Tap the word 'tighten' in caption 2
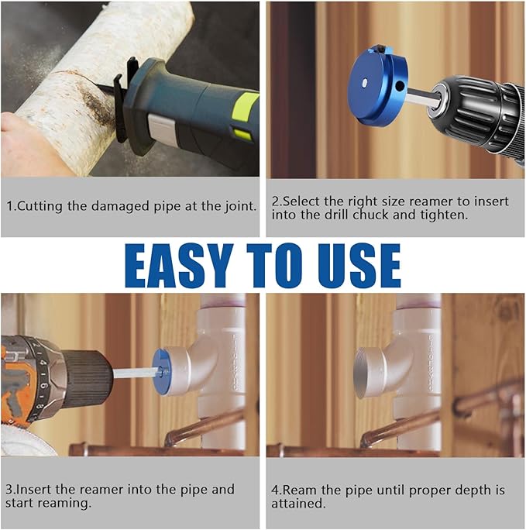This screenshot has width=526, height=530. click(444, 215)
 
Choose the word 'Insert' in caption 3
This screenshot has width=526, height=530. click(33, 489)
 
